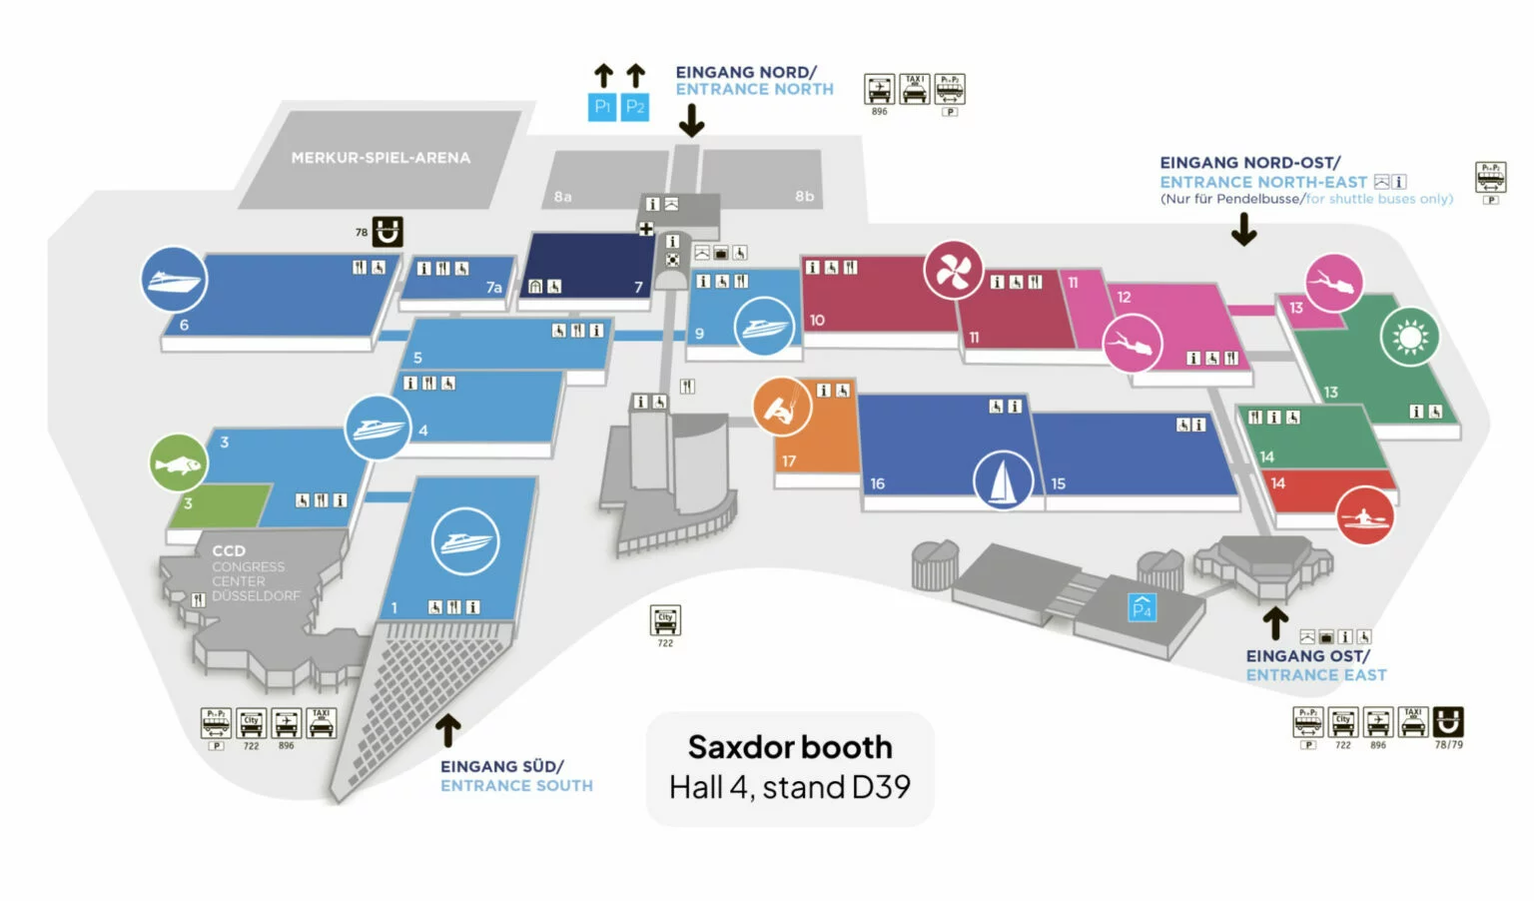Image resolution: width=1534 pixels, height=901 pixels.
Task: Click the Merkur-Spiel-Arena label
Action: (x=381, y=158)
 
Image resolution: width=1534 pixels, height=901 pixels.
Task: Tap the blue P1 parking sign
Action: (x=602, y=106)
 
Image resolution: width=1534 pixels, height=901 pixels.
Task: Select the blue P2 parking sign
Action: (x=635, y=106)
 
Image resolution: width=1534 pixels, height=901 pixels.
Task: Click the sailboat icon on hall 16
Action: (x=1003, y=480)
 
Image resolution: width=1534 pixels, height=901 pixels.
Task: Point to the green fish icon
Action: (x=178, y=463)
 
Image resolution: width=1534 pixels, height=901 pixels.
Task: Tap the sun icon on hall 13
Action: (x=1410, y=338)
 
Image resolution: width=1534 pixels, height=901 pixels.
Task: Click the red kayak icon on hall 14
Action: (x=1364, y=515)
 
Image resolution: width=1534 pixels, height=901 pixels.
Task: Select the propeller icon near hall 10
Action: (x=953, y=270)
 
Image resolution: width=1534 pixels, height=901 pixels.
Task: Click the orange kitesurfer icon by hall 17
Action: (x=782, y=407)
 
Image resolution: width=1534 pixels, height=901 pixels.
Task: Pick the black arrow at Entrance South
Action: (x=448, y=730)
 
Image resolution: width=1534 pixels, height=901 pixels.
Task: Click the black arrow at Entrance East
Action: (x=1275, y=622)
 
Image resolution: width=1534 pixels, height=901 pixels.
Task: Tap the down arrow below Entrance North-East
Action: (x=1243, y=231)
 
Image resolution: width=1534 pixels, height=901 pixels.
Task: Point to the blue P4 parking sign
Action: (x=1142, y=607)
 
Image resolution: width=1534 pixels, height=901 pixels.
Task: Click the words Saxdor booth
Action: (x=790, y=747)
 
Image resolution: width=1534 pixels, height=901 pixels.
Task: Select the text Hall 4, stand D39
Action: (x=790, y=788)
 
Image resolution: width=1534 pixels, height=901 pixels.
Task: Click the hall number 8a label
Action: (x=563, y=197)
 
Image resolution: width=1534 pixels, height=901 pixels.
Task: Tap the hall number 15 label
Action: (x=1058, y=483)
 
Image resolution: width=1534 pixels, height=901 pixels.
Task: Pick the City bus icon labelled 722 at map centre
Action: (x=665, y=619)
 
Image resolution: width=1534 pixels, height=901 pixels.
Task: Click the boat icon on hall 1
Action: (x=464, y=541)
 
